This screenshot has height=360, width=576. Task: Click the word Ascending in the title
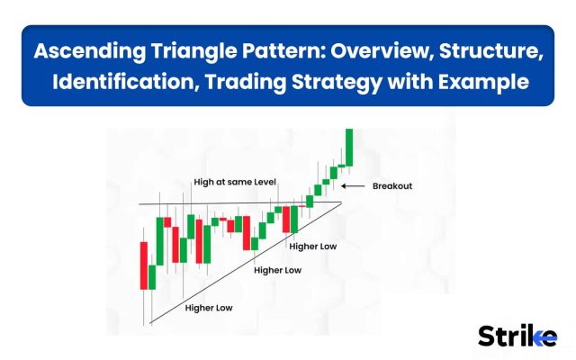90,50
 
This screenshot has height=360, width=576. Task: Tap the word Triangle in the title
193,50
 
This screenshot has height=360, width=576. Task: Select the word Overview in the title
382,50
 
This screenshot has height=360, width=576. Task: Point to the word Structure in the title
490,50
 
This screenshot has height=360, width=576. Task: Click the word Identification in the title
123,82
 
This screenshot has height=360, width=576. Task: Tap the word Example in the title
483,82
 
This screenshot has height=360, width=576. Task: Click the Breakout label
392,186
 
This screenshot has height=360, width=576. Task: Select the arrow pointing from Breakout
353,186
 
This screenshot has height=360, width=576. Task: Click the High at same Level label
235,182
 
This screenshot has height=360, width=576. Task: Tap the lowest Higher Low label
209,308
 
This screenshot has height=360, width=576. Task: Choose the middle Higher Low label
278,270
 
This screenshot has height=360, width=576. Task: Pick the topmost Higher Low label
313,247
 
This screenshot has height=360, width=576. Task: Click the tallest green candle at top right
349,148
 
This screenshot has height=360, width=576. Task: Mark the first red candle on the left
144,265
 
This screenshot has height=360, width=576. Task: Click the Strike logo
517,336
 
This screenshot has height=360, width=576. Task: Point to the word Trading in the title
245,82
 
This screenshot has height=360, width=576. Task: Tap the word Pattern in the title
281,50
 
